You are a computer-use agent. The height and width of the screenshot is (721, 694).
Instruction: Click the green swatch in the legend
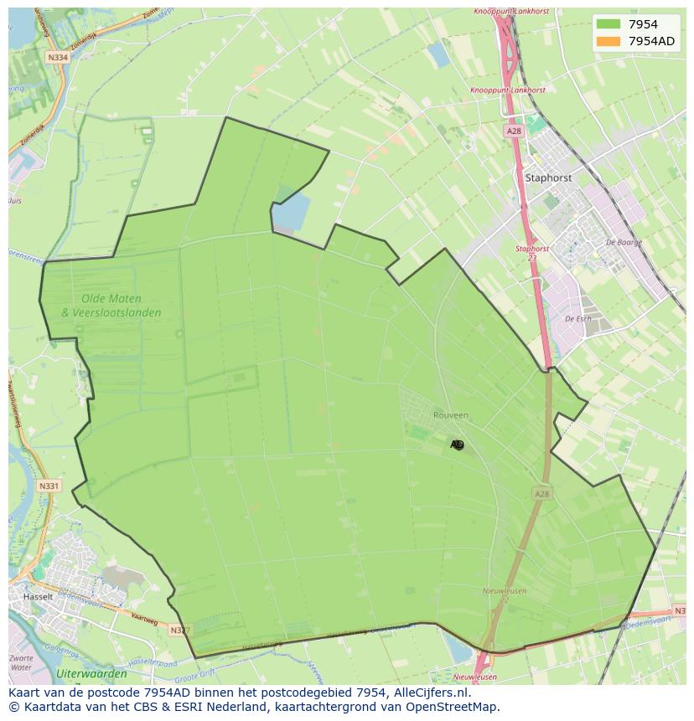pyautogui.click(x=609, y=24)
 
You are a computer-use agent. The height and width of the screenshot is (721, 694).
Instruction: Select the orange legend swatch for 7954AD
pyautogui.click(x=609, y=41)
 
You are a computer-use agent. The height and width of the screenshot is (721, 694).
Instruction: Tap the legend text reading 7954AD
pyautogui.click(x=651, y=41)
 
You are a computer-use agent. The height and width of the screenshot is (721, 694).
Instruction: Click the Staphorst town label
pyautogui.click(x=548, y=178)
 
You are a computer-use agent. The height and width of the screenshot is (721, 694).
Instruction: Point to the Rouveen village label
pyautogui.click(x=451, y=415)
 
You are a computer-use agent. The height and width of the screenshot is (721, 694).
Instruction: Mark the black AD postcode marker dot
pyautogui.click(x=458, y=445)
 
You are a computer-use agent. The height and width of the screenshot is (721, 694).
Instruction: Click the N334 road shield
pyautogui.click(x=58, y=58)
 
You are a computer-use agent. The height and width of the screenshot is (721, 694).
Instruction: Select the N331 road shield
pyautogui.click(x=49, y=486)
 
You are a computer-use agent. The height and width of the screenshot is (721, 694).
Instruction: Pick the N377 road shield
pyautogui.click(x=179, y=630)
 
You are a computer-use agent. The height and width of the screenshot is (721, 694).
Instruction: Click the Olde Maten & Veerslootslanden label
pyautogui.click(x=111, y=306)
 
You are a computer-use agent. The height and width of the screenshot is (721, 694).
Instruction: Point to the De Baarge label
pyautogui.click(x=623, y=242)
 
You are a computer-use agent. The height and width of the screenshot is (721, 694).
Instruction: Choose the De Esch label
pyautogui.click(x=578, y=319)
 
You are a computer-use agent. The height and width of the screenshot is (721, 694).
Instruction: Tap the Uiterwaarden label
pyautogui.click(x=91, y=673)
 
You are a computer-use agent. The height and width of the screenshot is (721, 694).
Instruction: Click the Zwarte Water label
pyautogui.click(x=21, y=663)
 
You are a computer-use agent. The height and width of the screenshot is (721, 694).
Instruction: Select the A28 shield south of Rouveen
pyautogui.click(x=542, y=494)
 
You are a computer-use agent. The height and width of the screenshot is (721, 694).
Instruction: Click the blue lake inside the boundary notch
pyautogui.click(x=291, y=212)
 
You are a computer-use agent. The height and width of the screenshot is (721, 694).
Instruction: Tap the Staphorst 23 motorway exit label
pyautogui.click(x=532, y=253)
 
